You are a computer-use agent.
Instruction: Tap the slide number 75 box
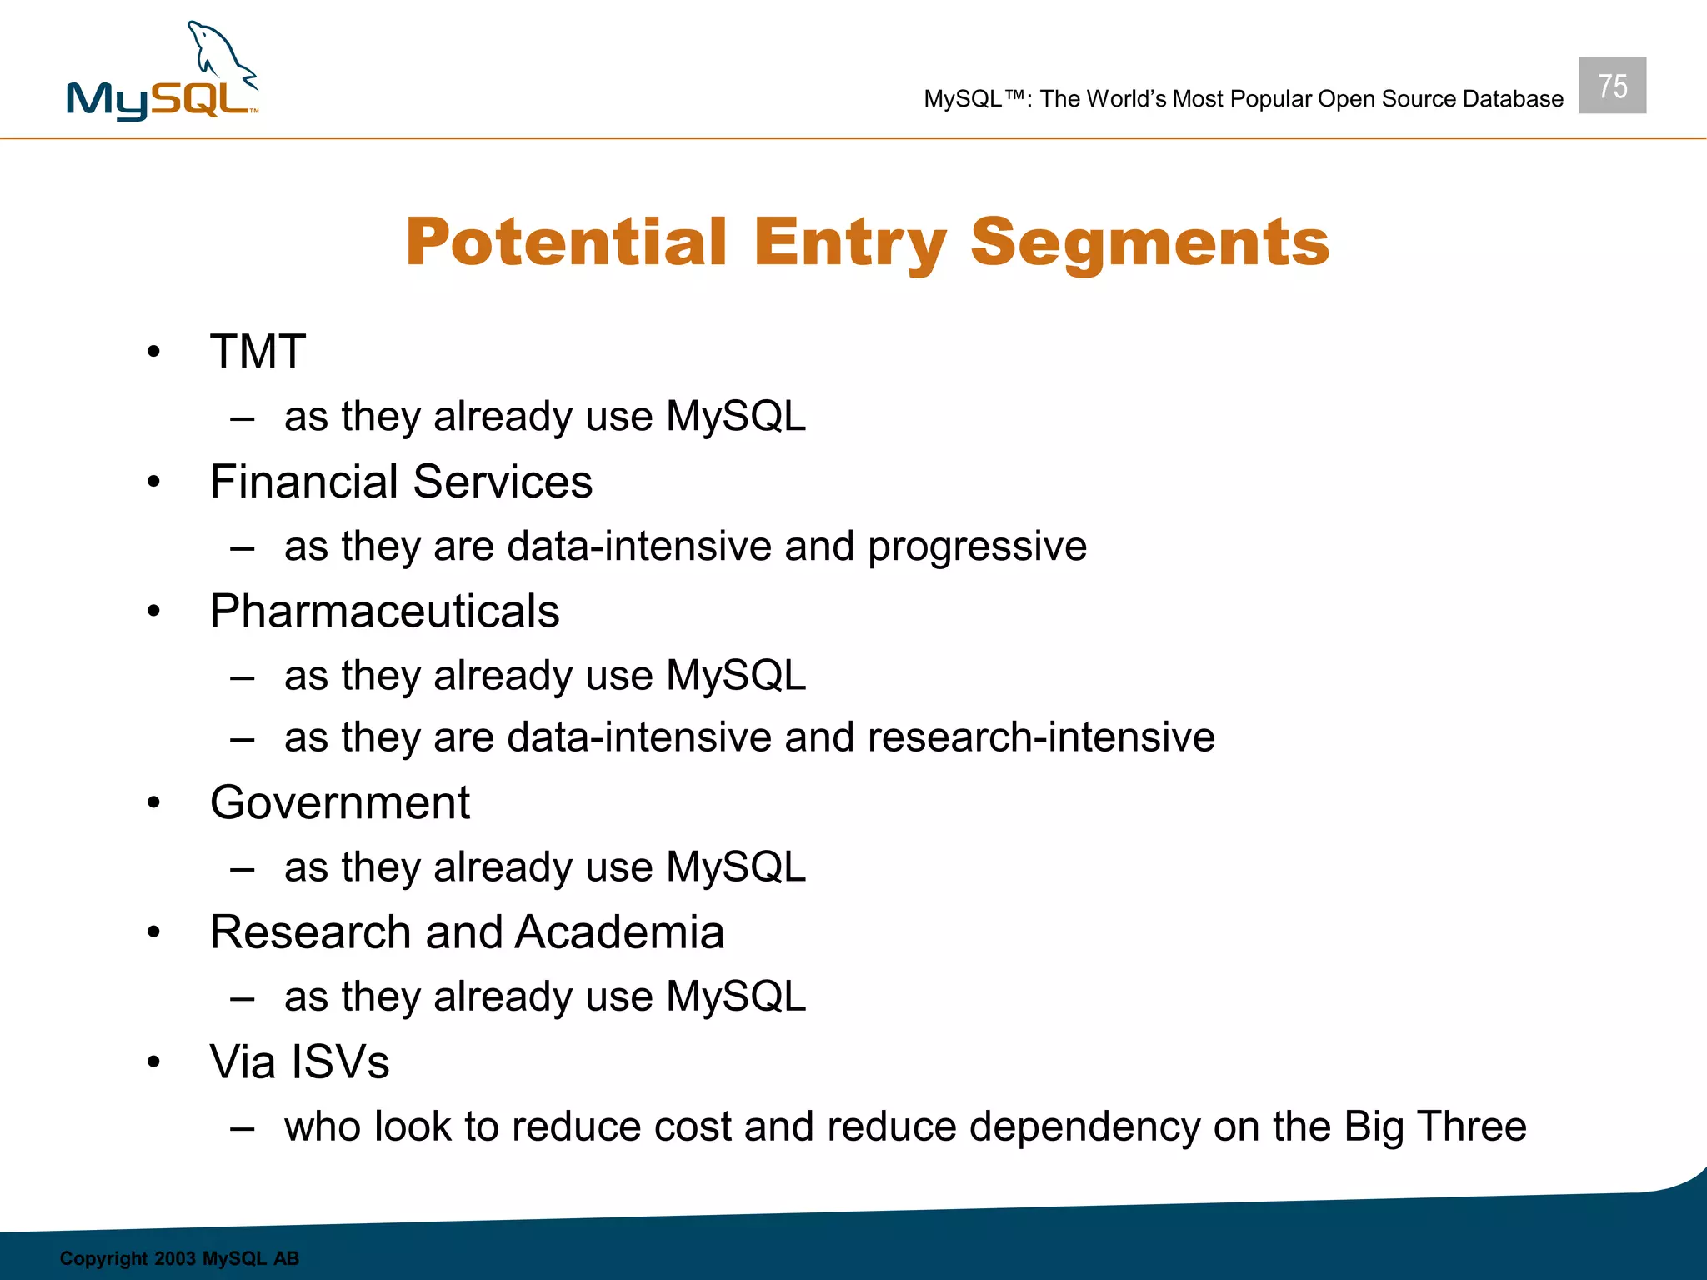[x=1612, y=86]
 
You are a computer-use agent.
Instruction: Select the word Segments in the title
[x=1149, y=242]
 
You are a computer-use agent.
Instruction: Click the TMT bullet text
[x=258, y=351]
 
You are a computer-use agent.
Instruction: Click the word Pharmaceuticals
[x=384, y=611]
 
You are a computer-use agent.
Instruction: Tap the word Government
[x=339, y=802]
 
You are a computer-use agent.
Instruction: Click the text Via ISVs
[x=299, y=1062]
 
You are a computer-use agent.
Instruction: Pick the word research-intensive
[x=1041, y=737]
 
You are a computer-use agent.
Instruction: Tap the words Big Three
[x=1434, y=1127]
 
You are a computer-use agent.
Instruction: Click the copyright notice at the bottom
[x=179, y=1258]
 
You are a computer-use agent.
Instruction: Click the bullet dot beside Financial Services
[x=153, y=482]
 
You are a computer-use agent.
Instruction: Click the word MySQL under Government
[x=736, y=867]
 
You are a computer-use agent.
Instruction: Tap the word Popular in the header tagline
[x=1271, y=99]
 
